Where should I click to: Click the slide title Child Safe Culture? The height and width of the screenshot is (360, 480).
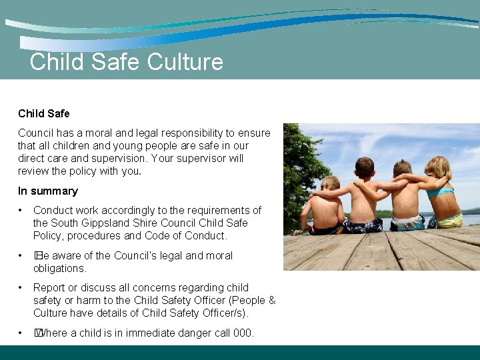(127, 62)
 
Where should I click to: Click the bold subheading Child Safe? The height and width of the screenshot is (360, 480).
(44, 113)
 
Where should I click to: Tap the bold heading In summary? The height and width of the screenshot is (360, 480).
(48, 191)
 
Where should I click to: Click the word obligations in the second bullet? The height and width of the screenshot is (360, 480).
(59, 268)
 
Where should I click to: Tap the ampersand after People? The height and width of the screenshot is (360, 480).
(271, 300)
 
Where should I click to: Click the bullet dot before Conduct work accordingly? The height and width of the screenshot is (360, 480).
(21, 210)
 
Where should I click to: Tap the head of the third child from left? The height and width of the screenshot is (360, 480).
(402, 169)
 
